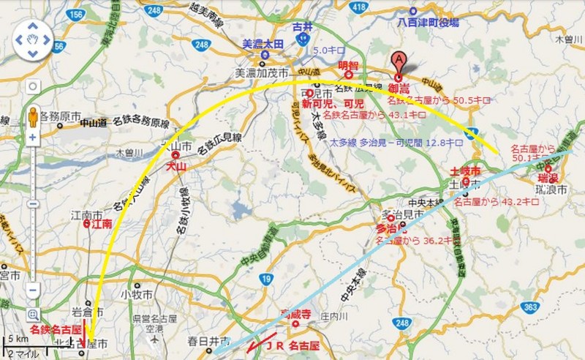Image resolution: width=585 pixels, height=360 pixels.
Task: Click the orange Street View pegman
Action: point(33,116)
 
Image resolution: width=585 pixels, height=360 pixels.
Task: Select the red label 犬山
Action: point(175,168)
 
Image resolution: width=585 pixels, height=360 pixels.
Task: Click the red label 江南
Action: point(102,226)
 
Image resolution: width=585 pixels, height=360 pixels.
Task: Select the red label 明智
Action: point(349,65)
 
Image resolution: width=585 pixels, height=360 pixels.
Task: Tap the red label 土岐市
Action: point(465,170)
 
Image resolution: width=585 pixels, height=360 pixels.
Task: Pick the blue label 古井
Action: point(302,27)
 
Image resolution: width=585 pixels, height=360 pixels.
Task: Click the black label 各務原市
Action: point(61,116)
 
